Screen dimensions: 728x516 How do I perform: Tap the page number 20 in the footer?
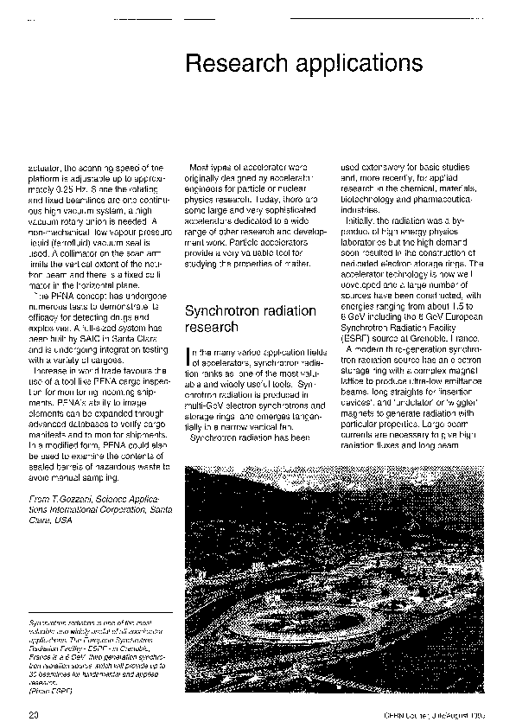click(x=34, y=714)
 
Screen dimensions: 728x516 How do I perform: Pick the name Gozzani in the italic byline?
click(x=73, y=500)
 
